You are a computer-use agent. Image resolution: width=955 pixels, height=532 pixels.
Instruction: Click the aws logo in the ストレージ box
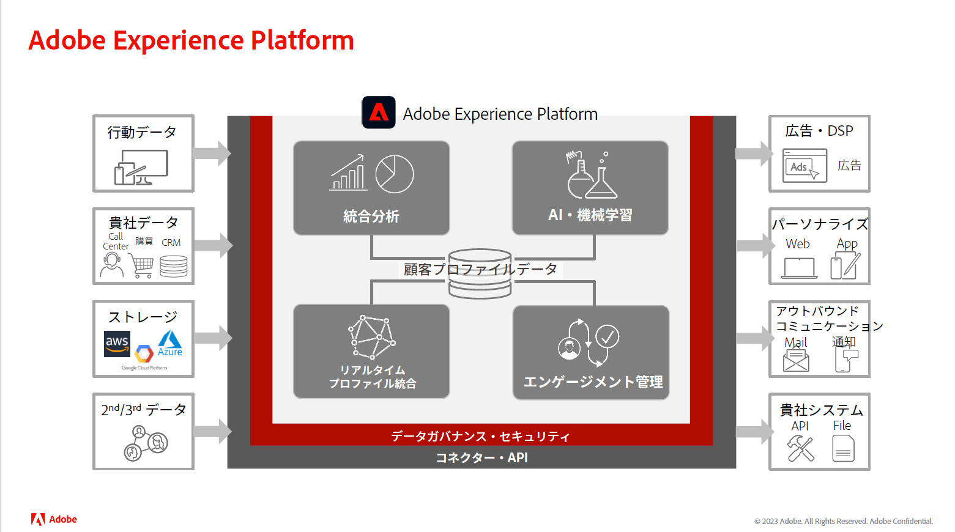[x=117, y=344]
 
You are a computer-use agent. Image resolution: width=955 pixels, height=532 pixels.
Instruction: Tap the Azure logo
[x=170, y=343]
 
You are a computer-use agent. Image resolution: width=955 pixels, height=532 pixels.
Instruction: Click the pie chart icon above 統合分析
[x=395, y=174]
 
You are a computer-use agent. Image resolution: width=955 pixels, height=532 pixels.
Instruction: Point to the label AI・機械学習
[x=590, y=215]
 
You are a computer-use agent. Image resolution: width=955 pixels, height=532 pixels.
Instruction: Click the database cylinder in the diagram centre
[x=480, y=274]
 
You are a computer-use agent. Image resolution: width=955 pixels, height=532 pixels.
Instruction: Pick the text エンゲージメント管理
[x=593, y=382]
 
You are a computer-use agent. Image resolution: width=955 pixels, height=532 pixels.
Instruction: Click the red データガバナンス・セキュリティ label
[x=480, y=436]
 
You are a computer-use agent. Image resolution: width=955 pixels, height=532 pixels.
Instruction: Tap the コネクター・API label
[x=481, y=457]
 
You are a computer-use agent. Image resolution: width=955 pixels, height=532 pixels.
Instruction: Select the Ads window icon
[x=805, y=165]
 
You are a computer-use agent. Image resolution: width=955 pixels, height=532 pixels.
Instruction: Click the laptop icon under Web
[x=799, y=268]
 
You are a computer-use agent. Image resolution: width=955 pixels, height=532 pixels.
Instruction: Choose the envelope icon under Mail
[x=796, y=360]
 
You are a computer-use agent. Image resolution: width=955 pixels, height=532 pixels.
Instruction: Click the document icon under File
[x=843, y=448]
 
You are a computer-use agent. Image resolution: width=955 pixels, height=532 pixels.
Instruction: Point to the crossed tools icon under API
[x=801, y=448]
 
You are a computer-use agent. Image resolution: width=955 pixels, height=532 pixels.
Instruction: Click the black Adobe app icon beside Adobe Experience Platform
[x=379, y=113]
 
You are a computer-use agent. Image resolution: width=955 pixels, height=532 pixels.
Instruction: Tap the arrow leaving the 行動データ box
[x=212, y=153]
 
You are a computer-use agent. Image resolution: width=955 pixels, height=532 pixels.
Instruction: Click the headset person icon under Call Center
[x=112, y=265]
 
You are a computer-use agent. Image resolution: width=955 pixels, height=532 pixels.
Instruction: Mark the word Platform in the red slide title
[x=302, y=40]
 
